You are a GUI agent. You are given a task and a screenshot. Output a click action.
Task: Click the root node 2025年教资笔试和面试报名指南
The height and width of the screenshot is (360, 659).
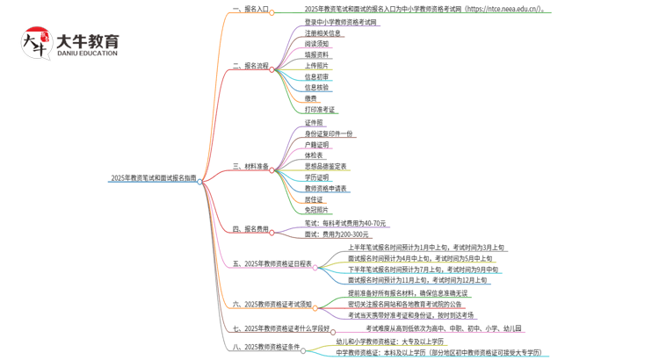pyautogui.click(x=153, y=178)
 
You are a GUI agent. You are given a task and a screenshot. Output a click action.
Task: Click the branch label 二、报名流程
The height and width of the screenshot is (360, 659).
pyautogui.click(x=250, y=66)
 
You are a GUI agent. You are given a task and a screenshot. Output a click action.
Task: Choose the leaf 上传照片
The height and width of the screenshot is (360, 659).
pyautogui.click(x=317, y=65)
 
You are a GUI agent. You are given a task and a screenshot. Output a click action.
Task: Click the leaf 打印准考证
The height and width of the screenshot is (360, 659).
pyautogui.click(x=320, y=110)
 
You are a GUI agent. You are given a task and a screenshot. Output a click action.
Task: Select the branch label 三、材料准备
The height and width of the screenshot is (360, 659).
pyautogui.click(x=250, y=167)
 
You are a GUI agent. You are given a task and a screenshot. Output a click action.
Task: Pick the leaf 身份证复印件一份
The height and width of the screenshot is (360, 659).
pyautogui.click(x=329, y=133)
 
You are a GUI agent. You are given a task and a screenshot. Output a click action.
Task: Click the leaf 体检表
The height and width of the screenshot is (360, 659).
pyautogui.click(x=315, y=155)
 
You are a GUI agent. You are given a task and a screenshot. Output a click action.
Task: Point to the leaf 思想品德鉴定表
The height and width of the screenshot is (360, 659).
pyautogui.click(x=325, y=166)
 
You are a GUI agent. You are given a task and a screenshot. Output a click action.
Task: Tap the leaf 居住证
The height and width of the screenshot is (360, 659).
pyautogui.click(x=315, y=199)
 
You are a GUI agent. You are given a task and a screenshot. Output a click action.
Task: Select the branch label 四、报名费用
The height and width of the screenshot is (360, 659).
pyautogui.click(x=250, y=229)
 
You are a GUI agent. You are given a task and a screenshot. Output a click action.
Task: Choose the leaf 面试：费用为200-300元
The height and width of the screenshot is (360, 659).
pyautogui.click(x=337, y=234)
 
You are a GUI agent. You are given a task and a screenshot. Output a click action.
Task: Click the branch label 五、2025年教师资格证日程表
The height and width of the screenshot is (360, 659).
pyautogui.click(x=272, y=263)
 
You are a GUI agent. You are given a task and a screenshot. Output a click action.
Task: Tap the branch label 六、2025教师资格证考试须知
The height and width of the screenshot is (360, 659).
pyautogui.click(x=272, y=305)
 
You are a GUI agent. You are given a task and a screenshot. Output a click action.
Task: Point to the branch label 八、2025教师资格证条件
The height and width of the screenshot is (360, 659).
pyautogui.click(x=266, y=347)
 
